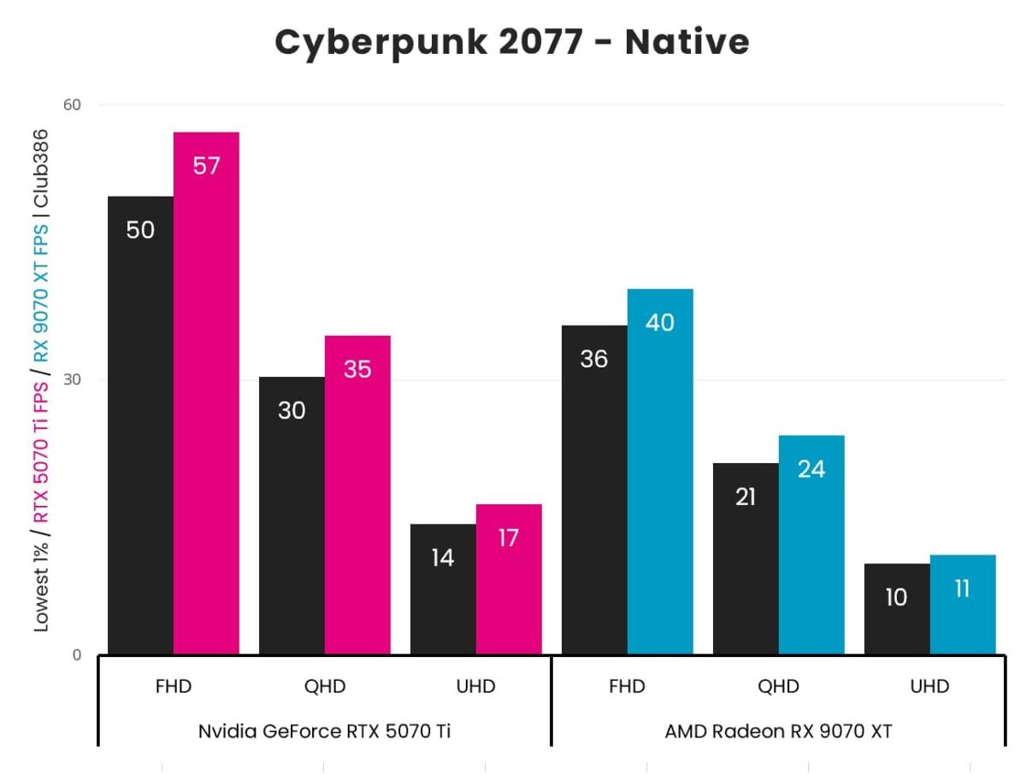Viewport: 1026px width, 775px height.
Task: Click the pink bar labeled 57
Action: [206, 393]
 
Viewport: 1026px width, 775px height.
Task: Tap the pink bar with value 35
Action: [357, 495]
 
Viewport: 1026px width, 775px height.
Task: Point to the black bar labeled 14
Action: [443, 590]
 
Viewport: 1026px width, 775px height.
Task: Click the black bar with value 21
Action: [746, 559]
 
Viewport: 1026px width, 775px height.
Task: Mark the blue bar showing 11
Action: [963, 605]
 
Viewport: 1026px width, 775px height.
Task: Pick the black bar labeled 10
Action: [897, 609]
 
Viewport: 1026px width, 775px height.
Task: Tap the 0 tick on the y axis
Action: [75, 655]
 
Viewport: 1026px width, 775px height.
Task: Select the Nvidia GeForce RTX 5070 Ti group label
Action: [325, 731]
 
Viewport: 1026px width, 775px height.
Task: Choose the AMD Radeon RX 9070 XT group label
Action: [778, 731]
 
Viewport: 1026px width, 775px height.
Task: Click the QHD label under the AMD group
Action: [778, 686]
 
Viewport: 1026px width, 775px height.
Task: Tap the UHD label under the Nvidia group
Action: [476, 686]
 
